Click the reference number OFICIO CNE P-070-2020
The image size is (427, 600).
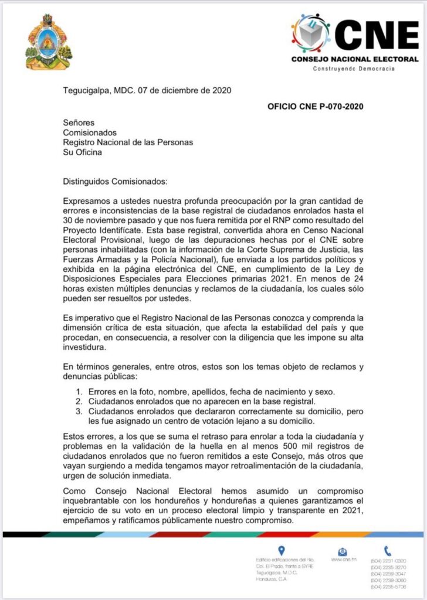coord(315,107)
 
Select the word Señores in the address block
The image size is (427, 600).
coord(79,122)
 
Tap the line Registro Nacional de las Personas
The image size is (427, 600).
coord(128,142)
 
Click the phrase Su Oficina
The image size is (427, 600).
coord(82,152)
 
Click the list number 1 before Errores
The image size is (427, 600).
coord(77,391)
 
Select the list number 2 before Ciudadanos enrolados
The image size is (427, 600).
coord(77,401)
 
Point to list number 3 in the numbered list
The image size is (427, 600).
coord(77,411)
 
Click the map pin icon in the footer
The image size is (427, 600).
coord(281,550)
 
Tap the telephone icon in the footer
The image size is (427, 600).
coord(388,550)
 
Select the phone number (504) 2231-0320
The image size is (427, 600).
coord(388,561)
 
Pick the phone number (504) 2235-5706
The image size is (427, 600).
coord(388,587)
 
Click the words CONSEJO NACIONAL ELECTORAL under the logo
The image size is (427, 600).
coord(355,59)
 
